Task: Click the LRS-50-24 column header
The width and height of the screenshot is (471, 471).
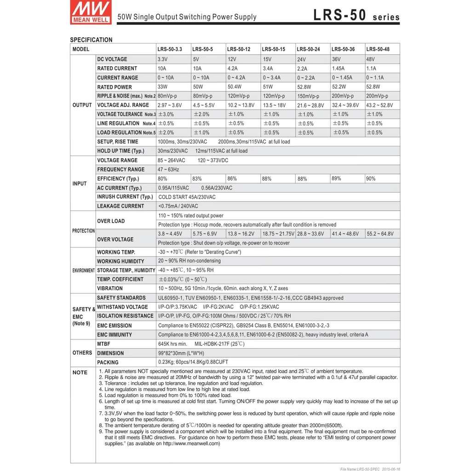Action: coord(308,49)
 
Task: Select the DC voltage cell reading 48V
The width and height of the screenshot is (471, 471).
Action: coord(371,59)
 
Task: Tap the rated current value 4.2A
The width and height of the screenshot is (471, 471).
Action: coord(233,69)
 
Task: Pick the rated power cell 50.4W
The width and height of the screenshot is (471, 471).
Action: coord(235,87)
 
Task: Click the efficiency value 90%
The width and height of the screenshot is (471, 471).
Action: coord(371,179)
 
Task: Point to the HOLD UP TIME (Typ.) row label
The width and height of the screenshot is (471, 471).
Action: coord(121,151)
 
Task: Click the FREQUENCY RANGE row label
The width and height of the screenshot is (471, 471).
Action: coord(121,170)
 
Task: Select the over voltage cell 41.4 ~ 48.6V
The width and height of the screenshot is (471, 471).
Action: coord(345,234)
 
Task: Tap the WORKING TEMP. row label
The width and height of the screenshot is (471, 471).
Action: coord(116,253)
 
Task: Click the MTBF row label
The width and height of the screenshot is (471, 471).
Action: coord(103,344)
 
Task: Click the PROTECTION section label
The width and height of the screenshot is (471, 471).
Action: coord(83,231)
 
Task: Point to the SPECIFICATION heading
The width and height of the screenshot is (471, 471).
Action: coord(91,40)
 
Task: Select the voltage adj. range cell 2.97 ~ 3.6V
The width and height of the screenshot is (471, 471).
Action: coord(170,105)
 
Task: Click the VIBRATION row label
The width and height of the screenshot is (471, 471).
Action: coord(110,289)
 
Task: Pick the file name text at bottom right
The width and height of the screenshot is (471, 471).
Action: coord(370,469)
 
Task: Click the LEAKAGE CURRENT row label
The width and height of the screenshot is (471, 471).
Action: coord(121,207)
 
